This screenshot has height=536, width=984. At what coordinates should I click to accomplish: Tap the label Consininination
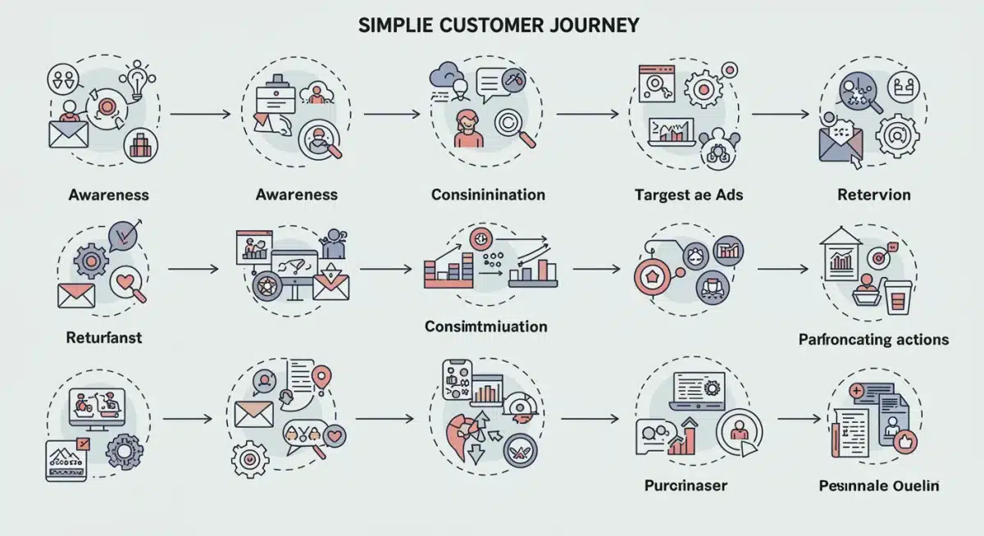[488, 195]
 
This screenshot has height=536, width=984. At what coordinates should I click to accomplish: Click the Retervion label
[874, 195]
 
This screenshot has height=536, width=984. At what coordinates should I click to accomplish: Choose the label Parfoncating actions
[873, 339]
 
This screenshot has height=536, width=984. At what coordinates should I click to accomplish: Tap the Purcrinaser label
[686, 485]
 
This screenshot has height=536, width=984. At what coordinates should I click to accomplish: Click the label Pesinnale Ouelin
[878, 486]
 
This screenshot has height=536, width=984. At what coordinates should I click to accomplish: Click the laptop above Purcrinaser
[696, 391]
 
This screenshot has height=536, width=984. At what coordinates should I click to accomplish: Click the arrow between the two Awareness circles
[200, 115]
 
